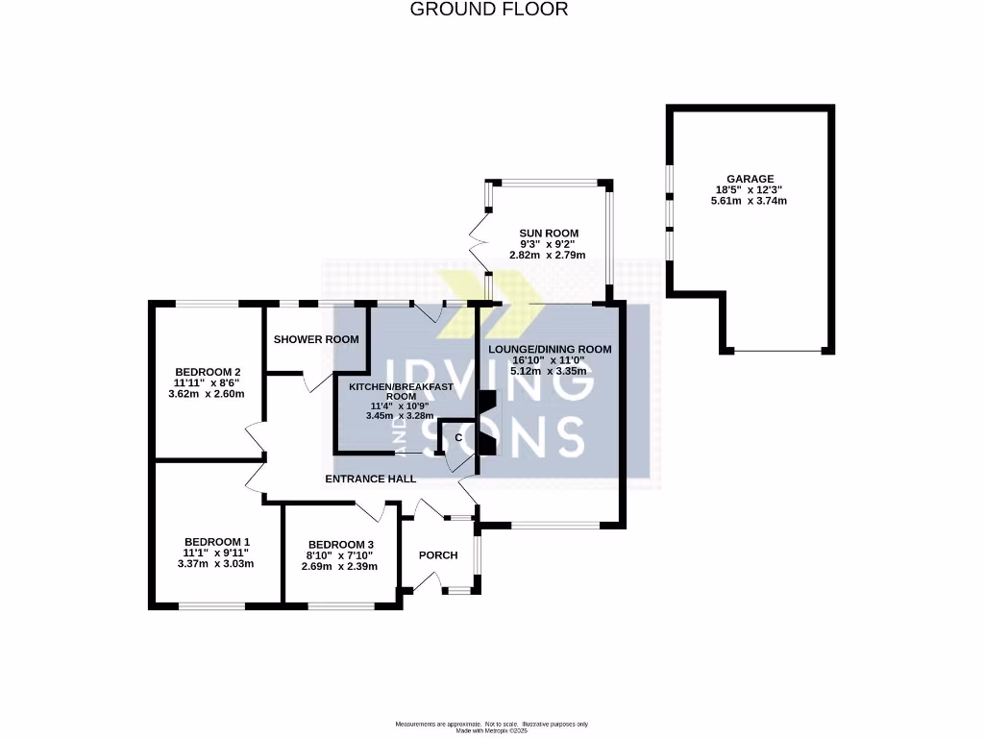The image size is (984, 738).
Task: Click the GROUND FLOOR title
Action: pos(489,10)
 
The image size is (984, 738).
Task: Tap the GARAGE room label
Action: pos(750,179)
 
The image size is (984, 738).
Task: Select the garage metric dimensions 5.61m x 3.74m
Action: pos(749,201)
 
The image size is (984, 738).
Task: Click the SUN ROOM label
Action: pos(549,234)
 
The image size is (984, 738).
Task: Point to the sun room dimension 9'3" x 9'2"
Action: pos(547,244)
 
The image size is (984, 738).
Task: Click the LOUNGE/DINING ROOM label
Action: pos(550,350)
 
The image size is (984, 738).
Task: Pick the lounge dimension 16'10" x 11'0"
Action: pos(549,360)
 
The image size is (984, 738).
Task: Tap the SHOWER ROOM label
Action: pos(316,339)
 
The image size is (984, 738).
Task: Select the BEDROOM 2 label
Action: pos(208,372)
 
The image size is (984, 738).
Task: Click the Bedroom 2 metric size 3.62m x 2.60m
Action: pos(207,394)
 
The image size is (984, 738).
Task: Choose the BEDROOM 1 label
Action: pos(217,542)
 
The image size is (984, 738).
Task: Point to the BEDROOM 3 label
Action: pos(341,545)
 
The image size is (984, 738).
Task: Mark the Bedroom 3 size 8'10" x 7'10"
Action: pos(339,555)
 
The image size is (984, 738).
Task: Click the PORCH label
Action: pos(438,555)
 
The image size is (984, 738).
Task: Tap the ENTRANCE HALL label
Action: pos(370,479)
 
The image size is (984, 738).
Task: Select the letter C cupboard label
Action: pos(458,437)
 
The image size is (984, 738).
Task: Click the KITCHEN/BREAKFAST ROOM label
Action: pos(401,392)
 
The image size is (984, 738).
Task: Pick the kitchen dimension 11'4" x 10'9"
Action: pos(400,406)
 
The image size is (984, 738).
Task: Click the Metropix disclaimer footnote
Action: pos(491,727)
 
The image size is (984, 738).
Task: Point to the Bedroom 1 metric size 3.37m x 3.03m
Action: pos(216,563)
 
